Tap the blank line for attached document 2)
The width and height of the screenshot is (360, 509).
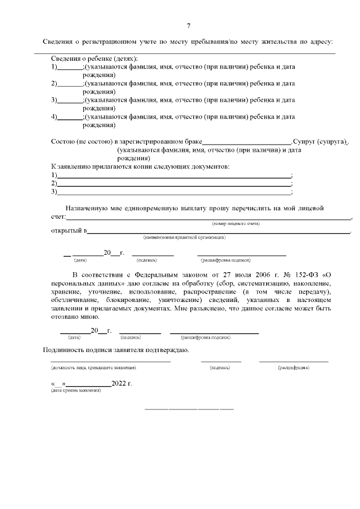174,184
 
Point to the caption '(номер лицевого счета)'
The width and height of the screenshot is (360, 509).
236,224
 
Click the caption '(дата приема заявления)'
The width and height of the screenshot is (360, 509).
76,390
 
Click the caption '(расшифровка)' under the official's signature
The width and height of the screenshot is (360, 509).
293,367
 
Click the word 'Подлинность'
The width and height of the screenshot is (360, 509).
66,350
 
